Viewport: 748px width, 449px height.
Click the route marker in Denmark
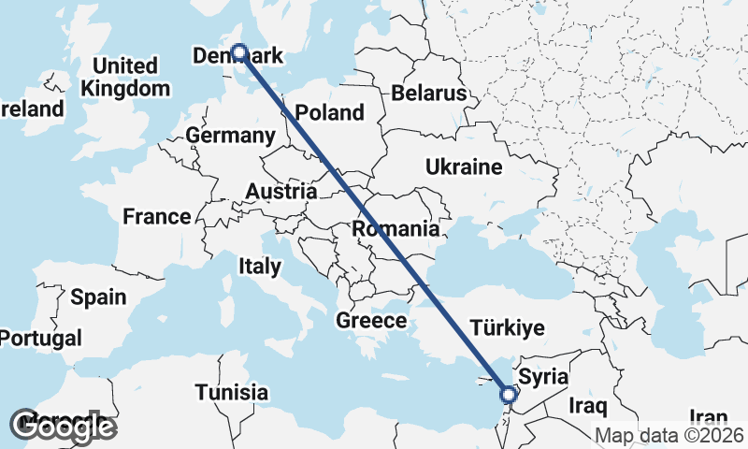coord(238,53)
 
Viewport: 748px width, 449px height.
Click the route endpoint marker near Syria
coord(508,395)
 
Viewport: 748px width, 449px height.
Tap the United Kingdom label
coord(125,78)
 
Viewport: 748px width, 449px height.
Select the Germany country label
coord(230,136)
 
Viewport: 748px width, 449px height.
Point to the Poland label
coord(329,113)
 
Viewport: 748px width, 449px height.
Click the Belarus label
coord(428,94)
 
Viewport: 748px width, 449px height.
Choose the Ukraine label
coord(464,167)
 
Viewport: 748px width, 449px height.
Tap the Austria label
coord(280,192)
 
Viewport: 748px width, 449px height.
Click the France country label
coord(157,217)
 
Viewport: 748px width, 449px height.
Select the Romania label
coord(396,229)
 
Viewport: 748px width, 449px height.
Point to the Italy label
coord(259,267)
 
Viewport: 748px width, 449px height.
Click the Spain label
coord(98,297)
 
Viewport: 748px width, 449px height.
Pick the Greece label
coord(371,321)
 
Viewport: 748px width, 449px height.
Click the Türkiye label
coord(507,327)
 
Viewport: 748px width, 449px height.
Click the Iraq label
coord(589,407)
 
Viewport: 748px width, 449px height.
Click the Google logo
coord(63,427)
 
